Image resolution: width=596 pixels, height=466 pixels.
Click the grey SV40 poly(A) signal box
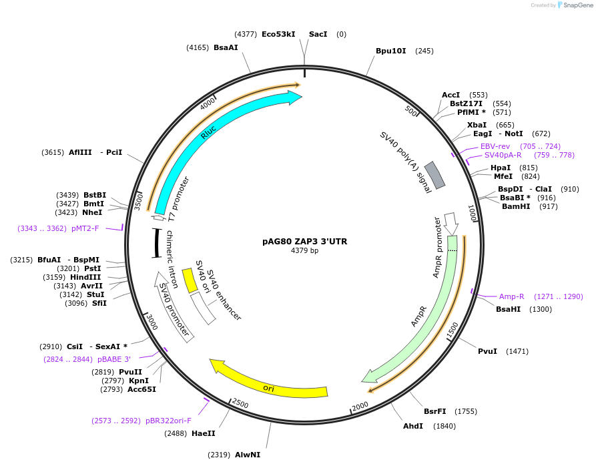435,175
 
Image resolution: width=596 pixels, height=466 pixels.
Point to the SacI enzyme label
318,34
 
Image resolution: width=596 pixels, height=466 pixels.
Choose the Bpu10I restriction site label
390,51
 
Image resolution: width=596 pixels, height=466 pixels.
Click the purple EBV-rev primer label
495,146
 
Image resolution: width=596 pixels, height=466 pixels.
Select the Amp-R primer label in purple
512,296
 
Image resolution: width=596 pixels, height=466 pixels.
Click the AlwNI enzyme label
248,455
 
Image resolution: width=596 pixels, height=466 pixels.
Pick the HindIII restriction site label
86,277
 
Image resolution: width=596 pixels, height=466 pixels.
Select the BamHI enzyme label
516,206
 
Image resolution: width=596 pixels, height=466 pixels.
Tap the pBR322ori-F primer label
168,421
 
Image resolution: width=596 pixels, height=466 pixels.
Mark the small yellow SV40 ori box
190,280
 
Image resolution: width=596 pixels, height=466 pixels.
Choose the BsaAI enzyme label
226,47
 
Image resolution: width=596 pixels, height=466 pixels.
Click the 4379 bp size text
304,251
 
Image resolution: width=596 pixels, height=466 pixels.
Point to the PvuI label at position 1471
487,351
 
